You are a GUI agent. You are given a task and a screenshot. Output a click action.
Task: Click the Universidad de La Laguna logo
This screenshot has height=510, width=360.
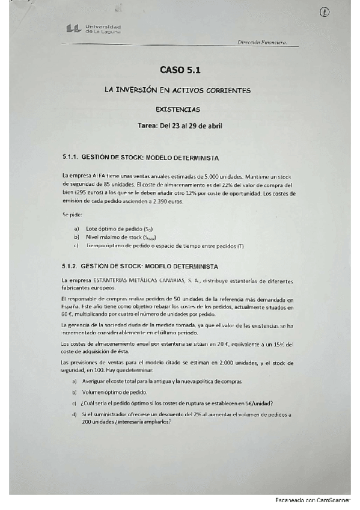tap(93, 28)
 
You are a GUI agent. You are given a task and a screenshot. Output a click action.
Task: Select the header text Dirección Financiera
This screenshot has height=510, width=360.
tap(262, 42)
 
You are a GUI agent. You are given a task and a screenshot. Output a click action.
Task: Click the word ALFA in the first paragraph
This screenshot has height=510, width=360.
tap(92, 176)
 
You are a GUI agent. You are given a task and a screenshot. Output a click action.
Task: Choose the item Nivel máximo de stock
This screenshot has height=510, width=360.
tap(115, 237)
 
